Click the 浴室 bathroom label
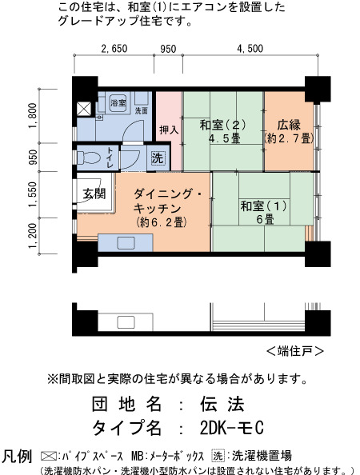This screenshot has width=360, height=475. pyautogui.click(x=118, y=102)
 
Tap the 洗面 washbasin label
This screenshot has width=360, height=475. pyautogui.click(x=142, y=111)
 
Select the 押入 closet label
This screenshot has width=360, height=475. pyautogui.click(x=169, y=130)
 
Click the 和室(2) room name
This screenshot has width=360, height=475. pyautogui.click(x=222, y=125)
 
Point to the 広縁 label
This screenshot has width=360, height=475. pyautogui.click(x=289, y=125)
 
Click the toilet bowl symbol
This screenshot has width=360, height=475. pyautogui.click(x=89, y=158)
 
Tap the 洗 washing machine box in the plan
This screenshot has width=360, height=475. pyautogui.click(x=158, y=158)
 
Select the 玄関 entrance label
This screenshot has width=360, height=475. pyautogui.click(x=94, y=194)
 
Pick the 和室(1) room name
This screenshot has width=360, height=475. pyautogui.click(x=263, y=206)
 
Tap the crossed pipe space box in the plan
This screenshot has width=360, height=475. pyautogui.click(x=84, y=109)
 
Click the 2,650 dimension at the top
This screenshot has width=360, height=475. pyautogui.click(x=114, y=49)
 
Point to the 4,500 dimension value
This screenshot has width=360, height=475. pyautogui.click(x=250, y=49)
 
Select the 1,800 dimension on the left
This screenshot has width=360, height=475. pyautogui.click(x=33, y=115)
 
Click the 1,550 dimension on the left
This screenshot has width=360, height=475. pyautogui.click(x=33, y=194)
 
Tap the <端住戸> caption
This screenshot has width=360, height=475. pyautogui.click(x=295, y=351)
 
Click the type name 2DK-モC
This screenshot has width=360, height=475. pyautogui.click(x=232, y=428)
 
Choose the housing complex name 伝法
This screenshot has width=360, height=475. pyautogui.click(x=222, y=404)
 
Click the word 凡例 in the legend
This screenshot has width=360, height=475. pyautogui.click(x=17, y=457)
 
